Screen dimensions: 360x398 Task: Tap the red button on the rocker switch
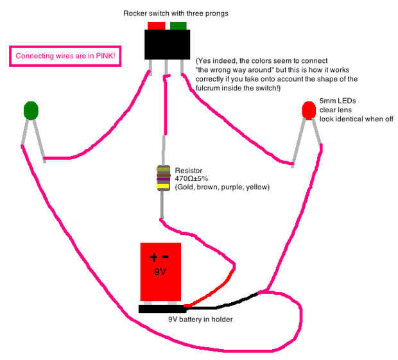coord(156,26)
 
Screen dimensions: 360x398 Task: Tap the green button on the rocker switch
coord(178,26)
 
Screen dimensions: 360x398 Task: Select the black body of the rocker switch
coord(167,45)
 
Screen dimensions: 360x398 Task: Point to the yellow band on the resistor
coord(163,187)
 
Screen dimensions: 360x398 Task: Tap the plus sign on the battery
coord(154,258)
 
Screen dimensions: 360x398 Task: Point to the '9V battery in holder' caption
coord(200,319)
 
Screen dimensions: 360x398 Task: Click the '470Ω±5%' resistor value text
coord(192,178)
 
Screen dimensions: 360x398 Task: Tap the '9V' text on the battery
coord(160,271)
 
